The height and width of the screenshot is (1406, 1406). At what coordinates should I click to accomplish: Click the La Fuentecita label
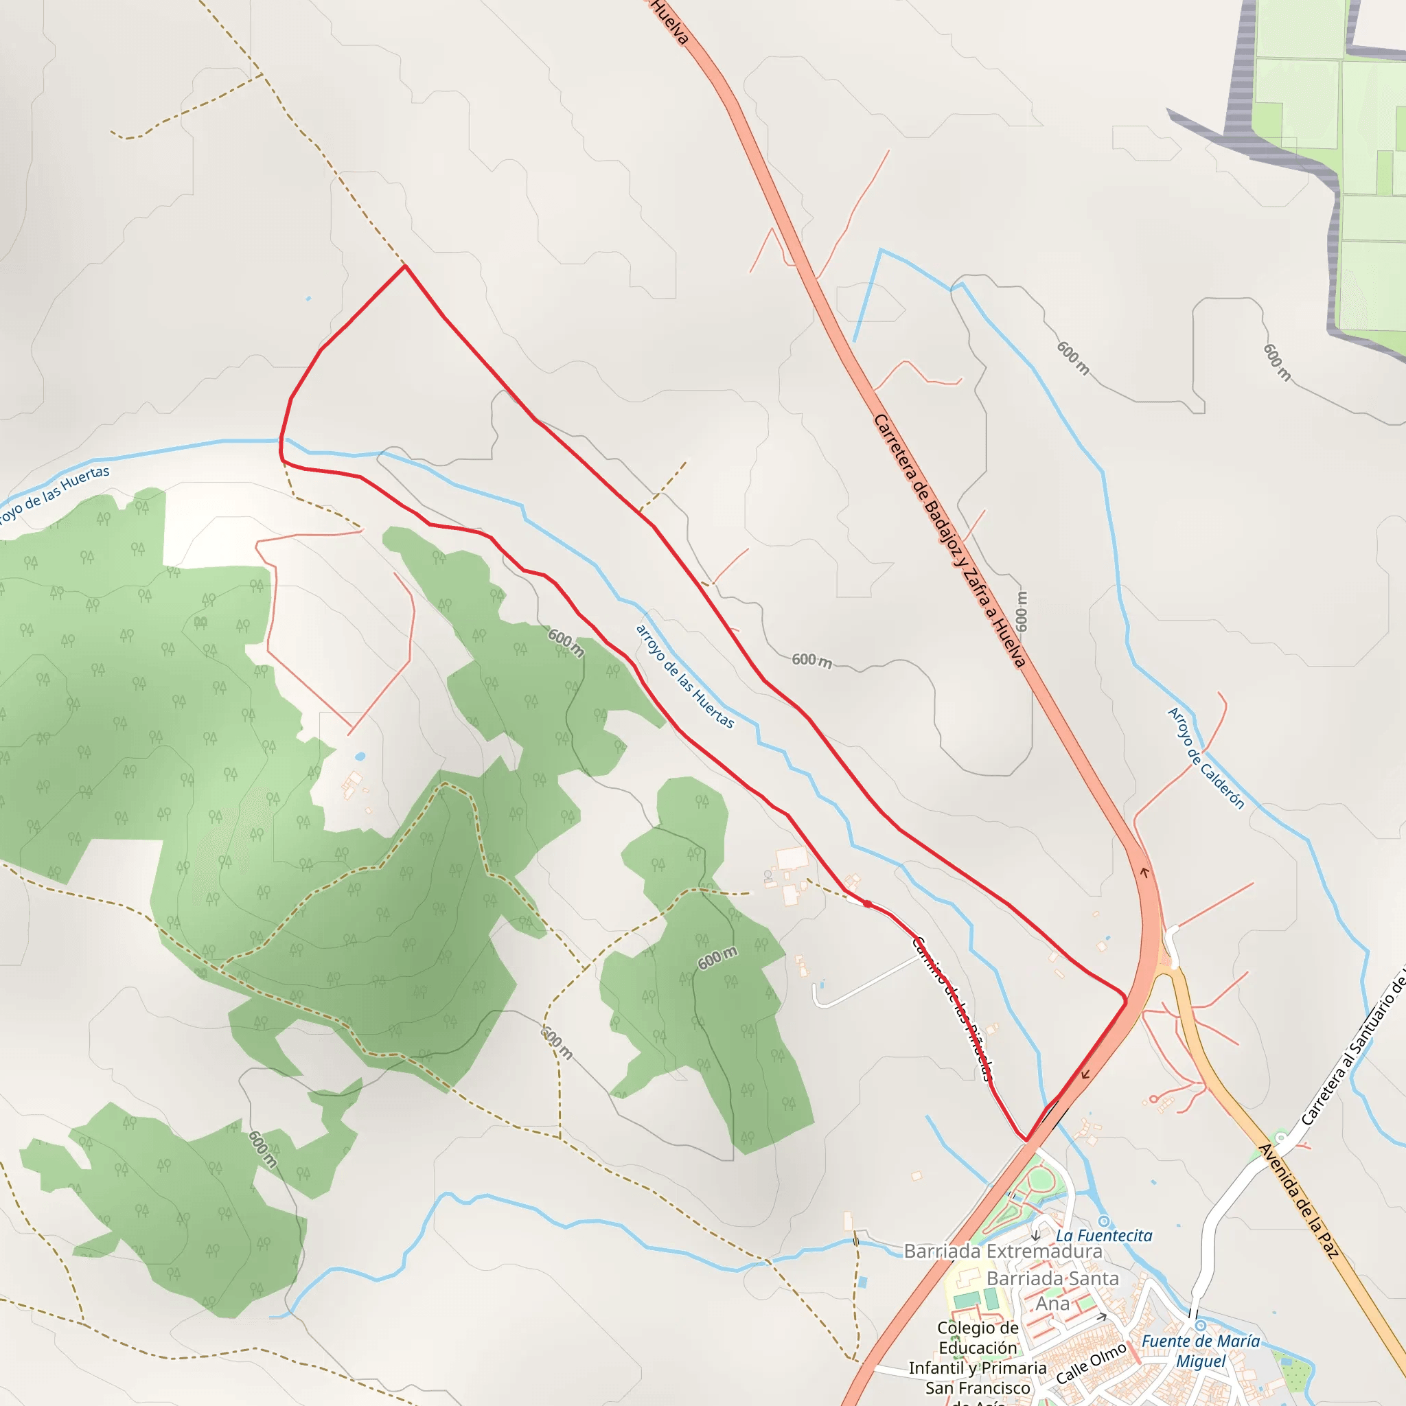pos(1104,1236)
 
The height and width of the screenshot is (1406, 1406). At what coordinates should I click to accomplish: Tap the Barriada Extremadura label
pos(1003,1251)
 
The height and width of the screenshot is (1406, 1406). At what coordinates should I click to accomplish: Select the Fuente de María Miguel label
pos(1201,1350)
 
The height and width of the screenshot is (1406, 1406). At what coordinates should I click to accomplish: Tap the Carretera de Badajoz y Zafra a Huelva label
pos(949,541)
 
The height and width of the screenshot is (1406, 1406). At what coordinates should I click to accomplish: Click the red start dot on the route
pos(868,905)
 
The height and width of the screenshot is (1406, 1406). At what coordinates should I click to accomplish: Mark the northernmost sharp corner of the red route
pos(405,266)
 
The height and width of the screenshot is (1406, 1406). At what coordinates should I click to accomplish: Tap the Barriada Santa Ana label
pos(1052,1290)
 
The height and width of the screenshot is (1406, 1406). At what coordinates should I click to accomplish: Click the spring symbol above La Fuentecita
pos(1104,1221)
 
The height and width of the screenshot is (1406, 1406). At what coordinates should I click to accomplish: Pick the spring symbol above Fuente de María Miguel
pos(1201,1326)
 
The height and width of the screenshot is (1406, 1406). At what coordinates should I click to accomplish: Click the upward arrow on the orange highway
pos(1144,872)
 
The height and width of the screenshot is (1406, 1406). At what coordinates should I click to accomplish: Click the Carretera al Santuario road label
pos(1354,1048)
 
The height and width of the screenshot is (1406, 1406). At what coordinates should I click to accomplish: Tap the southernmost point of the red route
pos(1026,1140)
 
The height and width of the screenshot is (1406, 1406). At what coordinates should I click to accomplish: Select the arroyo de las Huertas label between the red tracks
pos(684,676)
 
